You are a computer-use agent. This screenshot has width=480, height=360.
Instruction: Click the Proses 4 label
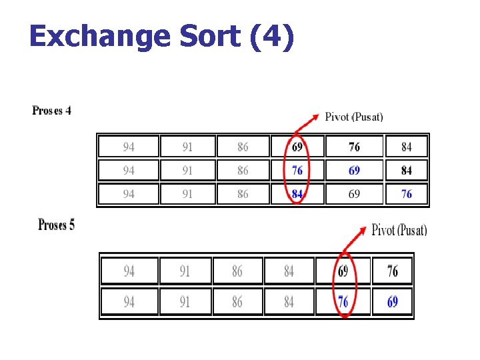(x=51, y=111)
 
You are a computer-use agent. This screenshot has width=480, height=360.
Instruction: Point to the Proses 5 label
(x=57, y=225)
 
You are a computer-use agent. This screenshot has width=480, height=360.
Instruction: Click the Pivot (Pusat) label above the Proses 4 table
(x=354, y=117)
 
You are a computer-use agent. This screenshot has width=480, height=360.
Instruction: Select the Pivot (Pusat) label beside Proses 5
(x=399, y=230)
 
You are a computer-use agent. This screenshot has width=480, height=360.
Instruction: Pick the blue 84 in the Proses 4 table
(x=297, y=194)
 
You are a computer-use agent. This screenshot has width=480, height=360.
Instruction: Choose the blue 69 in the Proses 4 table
(x=354, y=171)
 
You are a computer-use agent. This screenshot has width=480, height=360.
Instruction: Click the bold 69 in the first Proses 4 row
(x=297, y=147)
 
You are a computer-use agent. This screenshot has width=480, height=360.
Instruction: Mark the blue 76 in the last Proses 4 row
(x=407, y=194)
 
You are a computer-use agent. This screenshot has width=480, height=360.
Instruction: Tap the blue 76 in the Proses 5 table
(x=343, y=302)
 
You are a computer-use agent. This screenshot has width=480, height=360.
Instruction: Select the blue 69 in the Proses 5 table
(x=393, y=302)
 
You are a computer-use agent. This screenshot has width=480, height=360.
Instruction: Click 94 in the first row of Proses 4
(x=129, y=147)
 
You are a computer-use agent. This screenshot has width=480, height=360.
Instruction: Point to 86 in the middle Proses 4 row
(x=243, y=171)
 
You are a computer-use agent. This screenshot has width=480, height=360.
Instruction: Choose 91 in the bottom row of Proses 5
(x=185, y=302)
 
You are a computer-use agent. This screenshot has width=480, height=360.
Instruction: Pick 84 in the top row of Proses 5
(x=289, y=271)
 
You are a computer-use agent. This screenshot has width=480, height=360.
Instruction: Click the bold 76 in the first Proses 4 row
(x=354, y=147)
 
